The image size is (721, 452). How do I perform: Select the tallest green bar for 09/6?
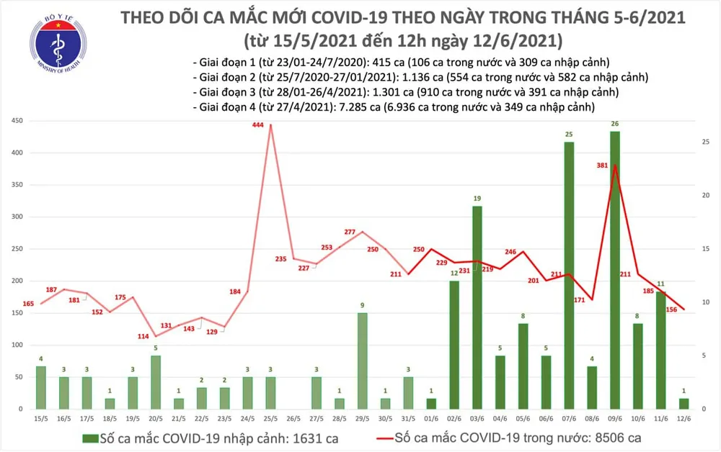614,270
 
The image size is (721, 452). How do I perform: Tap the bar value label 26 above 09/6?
614,124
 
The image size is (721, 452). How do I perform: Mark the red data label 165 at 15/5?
28,304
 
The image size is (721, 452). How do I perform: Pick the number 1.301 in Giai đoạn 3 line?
386,92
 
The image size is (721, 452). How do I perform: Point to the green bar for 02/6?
454,345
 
